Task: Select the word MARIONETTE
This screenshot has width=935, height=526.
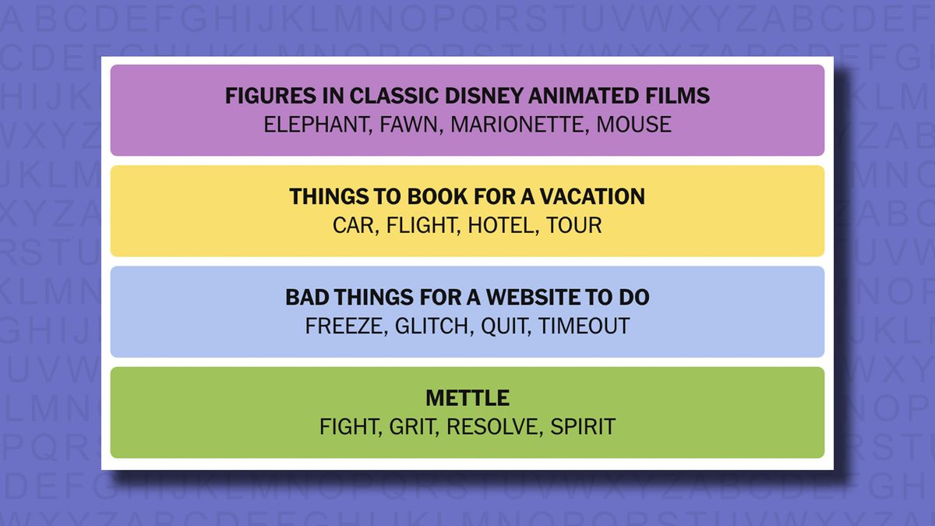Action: point(517,125)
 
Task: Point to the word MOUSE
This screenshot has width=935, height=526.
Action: point(633,125)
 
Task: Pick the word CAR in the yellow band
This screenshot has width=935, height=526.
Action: point(354,225)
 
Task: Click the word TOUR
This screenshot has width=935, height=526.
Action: point(574,225)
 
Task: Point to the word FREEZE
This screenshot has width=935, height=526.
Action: point(344,326)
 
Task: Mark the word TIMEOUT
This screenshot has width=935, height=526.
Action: point(584,326)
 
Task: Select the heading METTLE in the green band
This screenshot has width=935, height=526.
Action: point(467,398)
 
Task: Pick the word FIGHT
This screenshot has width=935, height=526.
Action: point(349,427)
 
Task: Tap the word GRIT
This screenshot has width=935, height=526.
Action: point(412,427)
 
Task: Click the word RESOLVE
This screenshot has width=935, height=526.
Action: point(493,427)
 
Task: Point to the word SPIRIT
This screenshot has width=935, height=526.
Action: point(583,427)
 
